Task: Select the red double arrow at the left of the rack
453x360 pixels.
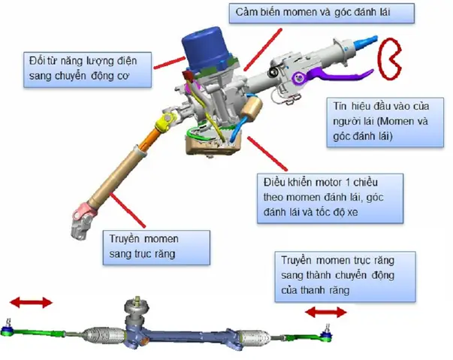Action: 31,302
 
